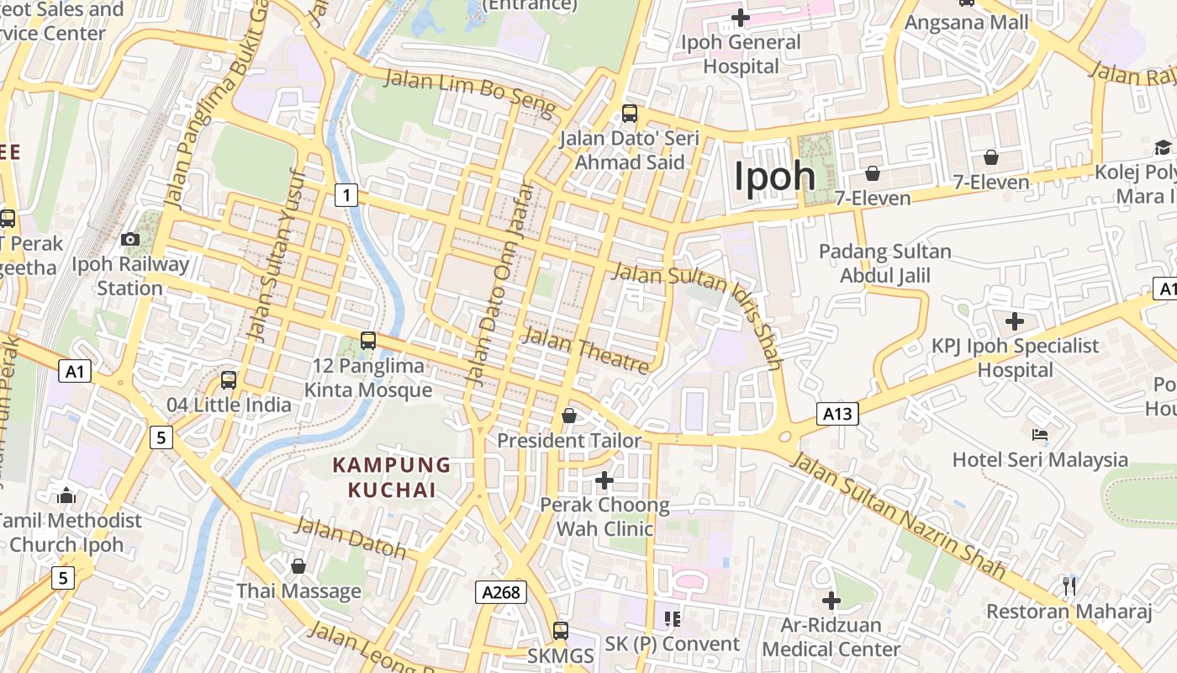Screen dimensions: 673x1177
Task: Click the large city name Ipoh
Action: tap(774, 177)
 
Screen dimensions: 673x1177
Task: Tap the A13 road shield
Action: tap(837, 413)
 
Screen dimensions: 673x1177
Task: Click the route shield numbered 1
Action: tap(346, 195)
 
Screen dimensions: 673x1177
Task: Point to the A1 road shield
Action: tap(75, 371)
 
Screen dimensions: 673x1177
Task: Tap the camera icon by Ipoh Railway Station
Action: tap(129, 240)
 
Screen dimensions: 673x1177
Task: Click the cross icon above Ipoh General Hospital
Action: tap(740, 17)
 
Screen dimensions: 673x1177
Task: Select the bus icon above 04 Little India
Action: tap(229, 380)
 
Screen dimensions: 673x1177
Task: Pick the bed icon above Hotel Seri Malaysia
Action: tap(1040, 435)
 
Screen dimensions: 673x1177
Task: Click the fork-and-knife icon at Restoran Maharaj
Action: tap(1069, 586)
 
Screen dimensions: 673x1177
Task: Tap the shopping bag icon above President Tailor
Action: tap(569, 416)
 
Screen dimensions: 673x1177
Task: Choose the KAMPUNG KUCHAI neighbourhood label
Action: tap(392, 477)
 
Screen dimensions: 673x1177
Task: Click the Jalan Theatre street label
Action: tap(585, 351)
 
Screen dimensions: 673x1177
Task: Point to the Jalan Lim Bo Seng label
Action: tap(470, 93)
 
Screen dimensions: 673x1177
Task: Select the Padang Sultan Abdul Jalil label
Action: tap(884, 263)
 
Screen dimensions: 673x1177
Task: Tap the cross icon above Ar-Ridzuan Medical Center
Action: tap(831, 601)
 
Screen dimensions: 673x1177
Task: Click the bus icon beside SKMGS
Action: tap(561, 630)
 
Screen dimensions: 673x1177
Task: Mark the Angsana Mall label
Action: tap(966, 23)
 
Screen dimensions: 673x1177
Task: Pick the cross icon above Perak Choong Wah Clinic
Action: tap(604, 480)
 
